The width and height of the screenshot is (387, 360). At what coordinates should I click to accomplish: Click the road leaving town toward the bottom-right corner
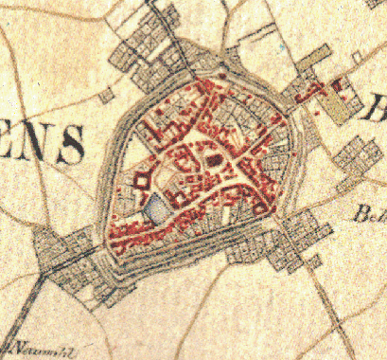click(x=322, y=303)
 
